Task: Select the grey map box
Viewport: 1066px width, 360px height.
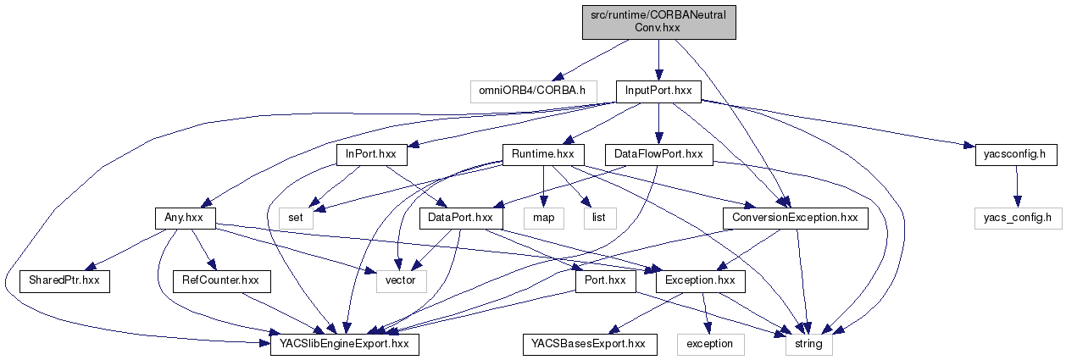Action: point(541,218)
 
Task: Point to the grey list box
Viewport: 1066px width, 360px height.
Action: point(597,218)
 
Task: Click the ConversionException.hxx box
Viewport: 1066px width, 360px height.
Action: point(790,218)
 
